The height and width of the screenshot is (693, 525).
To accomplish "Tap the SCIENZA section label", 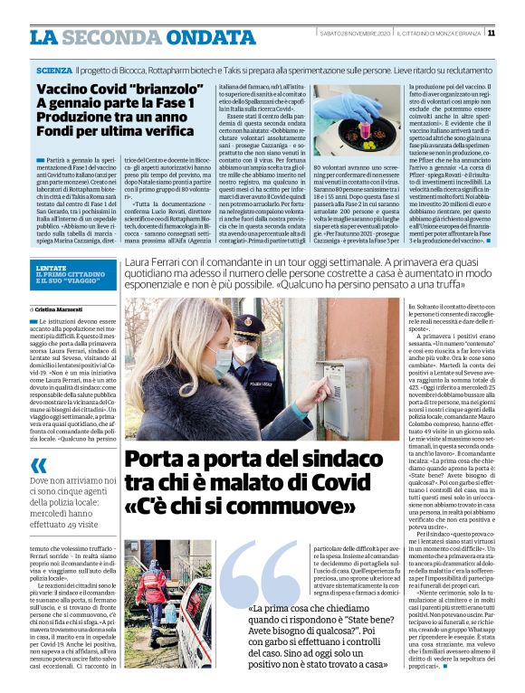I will coord(56,70).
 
